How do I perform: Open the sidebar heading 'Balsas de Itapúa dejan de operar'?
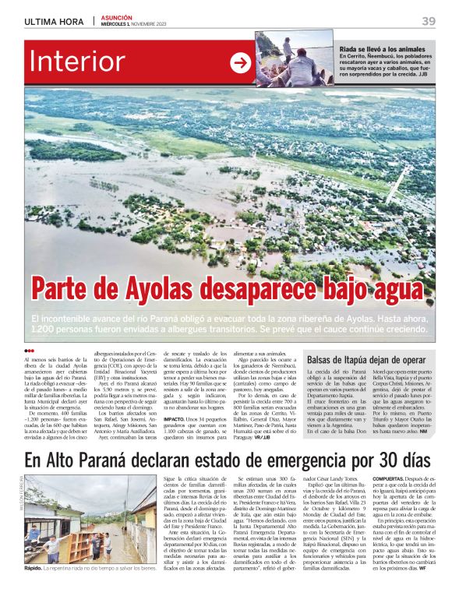[365, 360]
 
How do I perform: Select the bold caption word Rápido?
[33, 570]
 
